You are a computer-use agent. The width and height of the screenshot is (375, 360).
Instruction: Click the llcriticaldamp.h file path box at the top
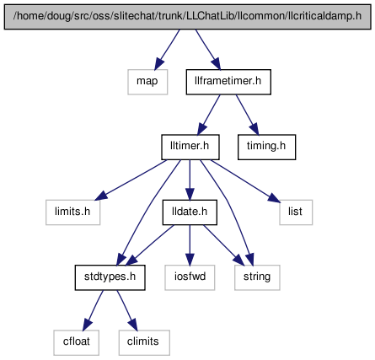(187, 17)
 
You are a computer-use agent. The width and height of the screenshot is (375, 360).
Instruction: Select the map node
(147, 82)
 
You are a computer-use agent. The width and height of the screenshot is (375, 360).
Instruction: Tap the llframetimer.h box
(228, 82)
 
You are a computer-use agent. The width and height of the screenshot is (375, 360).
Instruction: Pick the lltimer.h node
(190, 147)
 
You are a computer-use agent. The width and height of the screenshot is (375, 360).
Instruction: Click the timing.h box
(266, 147)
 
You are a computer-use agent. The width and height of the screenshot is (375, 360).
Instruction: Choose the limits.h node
(72, 212)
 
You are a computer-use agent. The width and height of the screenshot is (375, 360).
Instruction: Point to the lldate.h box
(190, 212)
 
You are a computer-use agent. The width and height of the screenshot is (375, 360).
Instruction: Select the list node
(296, 212)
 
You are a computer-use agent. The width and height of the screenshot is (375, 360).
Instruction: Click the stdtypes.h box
(110, 277)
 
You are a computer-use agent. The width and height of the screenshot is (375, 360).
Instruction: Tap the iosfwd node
(190, 277)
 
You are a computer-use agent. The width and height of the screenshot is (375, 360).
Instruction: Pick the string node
(257, 277)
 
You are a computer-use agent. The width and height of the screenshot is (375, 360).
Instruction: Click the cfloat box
(76, 342)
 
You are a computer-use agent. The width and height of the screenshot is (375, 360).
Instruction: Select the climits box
(144, 342)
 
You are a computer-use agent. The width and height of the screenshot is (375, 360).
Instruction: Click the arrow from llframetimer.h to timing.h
(247, 115)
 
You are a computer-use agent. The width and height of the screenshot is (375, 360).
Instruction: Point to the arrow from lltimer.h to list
(245, 180)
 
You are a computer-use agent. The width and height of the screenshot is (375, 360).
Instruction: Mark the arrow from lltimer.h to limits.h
(131, 180)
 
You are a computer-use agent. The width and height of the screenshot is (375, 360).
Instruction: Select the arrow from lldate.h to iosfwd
(190, 245)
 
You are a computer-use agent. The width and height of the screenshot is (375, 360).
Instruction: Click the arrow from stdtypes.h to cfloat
(94, 310)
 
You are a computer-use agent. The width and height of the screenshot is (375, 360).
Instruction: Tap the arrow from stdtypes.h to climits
(127, 310)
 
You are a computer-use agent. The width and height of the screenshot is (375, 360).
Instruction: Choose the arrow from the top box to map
(167, 50)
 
